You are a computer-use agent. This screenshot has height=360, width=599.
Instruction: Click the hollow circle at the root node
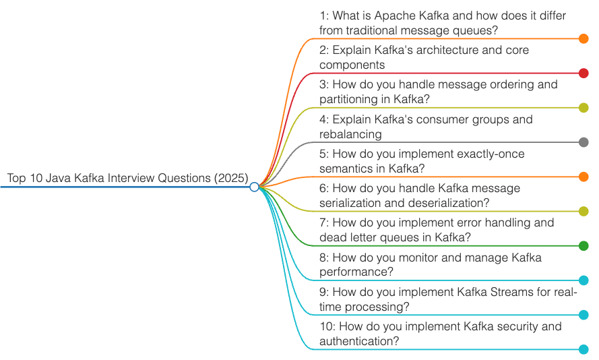[254, 187]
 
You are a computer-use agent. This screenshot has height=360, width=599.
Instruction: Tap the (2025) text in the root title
[231, 178]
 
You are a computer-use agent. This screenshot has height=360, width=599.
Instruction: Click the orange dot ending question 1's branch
[584, 39]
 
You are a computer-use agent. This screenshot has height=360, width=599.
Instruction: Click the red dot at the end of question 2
[584, 73]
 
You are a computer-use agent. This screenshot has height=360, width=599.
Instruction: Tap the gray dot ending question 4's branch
[584, 142]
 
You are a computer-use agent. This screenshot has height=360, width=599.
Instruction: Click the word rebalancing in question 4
[350, 134]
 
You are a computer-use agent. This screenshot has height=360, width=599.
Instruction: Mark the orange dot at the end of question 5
[584, 177]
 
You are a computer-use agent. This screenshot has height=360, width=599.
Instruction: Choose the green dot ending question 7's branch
[584, 246]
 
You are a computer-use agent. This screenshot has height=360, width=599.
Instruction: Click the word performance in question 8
[356, 272]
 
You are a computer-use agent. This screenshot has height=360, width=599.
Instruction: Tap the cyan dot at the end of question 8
[584, 280]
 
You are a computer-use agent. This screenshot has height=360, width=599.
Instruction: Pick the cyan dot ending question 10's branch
[584, 349]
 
